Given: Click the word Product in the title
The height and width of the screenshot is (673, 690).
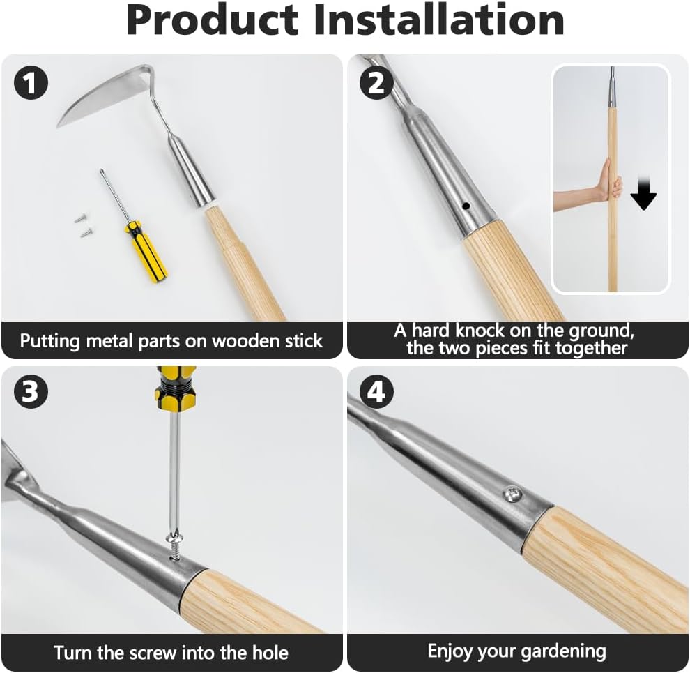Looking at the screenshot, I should (x=213, y=21).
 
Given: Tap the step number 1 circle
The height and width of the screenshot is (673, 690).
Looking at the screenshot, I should (x=31, y=84).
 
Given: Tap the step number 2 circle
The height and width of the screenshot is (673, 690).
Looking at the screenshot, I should (x=376, y=84).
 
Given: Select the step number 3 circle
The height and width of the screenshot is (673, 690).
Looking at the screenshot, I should (x=31, y=393).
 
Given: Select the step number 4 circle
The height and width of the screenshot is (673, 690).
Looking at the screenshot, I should (x=376, y=393).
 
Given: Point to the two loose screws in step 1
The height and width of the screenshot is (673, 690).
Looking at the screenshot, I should (x=84, y=225).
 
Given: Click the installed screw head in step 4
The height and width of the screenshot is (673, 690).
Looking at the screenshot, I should (x=512, y=494).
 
